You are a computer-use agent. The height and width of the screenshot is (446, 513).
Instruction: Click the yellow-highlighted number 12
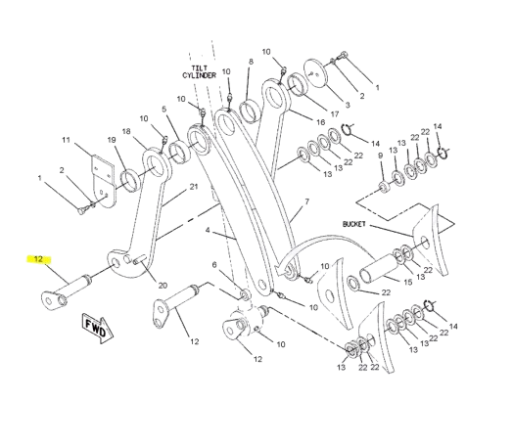[x=38, y=259]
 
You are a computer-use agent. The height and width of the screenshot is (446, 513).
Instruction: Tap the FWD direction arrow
[x=98, y=329]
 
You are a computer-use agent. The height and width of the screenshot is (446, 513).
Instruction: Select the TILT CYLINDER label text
[x=200, y=71]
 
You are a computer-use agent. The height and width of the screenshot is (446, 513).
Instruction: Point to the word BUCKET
[x=354, y=224]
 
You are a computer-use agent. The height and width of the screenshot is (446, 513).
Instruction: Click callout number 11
[x=67, y=140]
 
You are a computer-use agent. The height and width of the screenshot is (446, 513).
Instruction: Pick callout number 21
[x=194, y=187]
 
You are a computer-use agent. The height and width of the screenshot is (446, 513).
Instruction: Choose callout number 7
[x=306, y=201]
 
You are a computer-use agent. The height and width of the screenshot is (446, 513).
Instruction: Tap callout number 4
[x=208, y=230]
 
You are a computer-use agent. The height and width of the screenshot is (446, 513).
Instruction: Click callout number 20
[x=163, y=286]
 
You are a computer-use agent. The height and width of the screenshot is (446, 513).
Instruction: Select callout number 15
[x=407, y=282]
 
